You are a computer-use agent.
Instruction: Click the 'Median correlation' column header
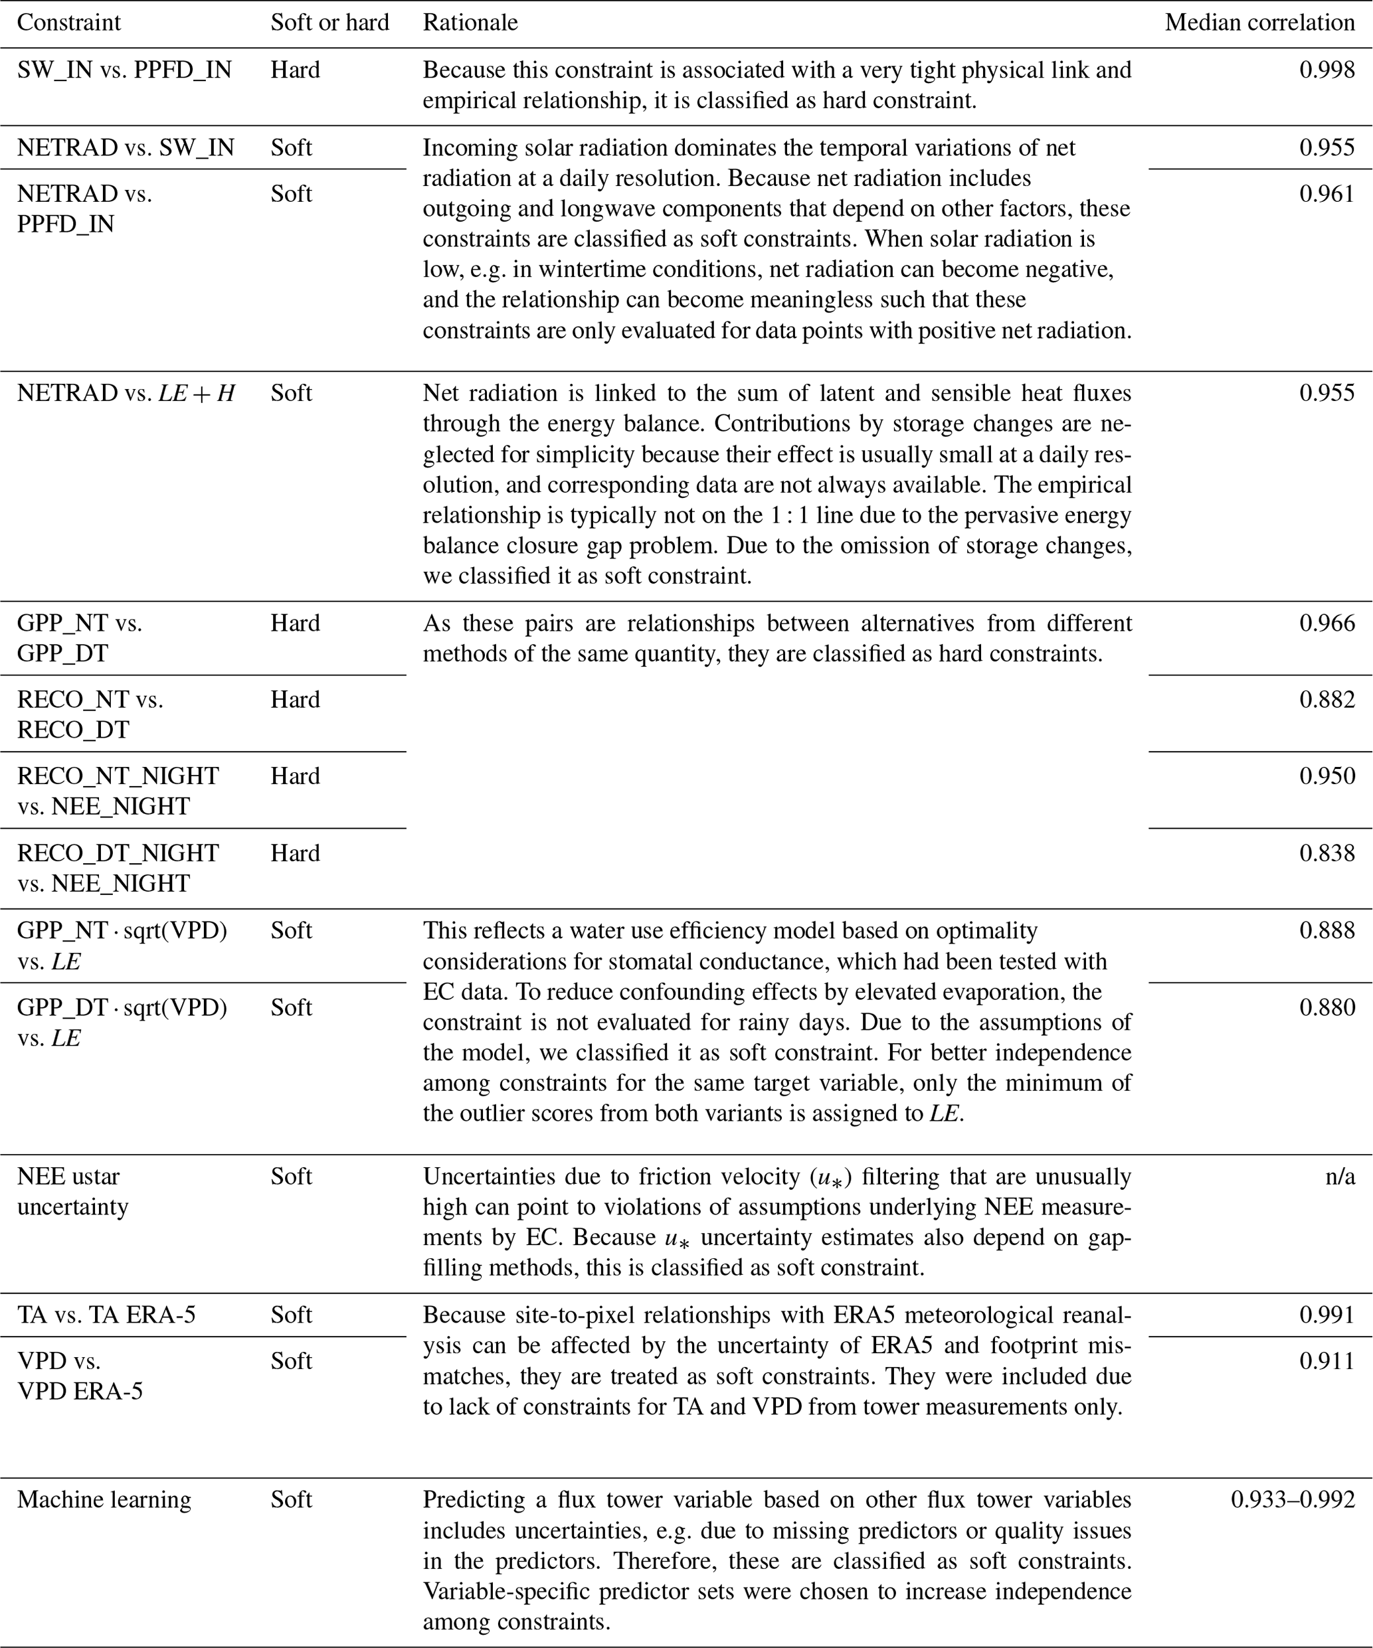tap(1259, 23)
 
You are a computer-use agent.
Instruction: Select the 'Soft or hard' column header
tap(329, 23)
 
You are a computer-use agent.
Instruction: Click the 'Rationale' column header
tap(470, 23)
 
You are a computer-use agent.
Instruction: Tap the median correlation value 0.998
tap(1327, 70)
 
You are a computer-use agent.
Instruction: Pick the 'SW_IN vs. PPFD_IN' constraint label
tap(124, 70)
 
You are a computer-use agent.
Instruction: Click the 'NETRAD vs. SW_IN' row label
tap(126, 147)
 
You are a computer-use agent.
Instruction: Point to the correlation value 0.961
tap(1327, 193)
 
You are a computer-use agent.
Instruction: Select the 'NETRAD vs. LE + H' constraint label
tap(126, 392)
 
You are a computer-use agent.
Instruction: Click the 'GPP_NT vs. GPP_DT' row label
tap(79, 638)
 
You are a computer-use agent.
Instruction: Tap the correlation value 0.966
tap(1327, 623)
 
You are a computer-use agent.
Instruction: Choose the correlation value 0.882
tap(1327, 699)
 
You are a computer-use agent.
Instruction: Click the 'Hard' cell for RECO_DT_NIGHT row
tap(295, 853)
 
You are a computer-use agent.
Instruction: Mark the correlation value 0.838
tap(1327, 853)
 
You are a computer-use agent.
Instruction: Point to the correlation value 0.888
tap(1327, 930)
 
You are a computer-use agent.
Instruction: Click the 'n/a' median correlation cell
tap(1340, 1177)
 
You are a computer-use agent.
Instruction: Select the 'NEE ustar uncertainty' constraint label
tap(72, 1191)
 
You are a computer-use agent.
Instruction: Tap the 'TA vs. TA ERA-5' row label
tap(106, 1315)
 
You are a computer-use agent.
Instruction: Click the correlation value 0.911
tap(1327, 1360)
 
